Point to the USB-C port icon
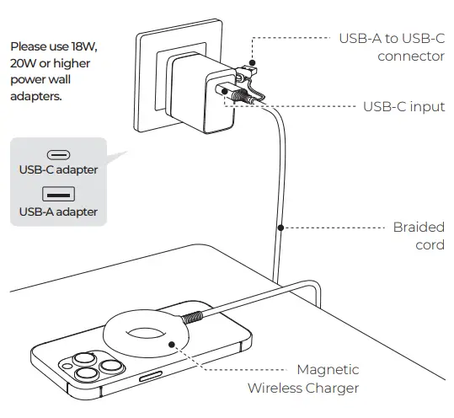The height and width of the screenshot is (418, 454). pyautogui.click(x=58, y=155)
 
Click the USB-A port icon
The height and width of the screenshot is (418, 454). pyautogui.click(x=58, y=195)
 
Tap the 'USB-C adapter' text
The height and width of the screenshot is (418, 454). pyautogui.click(x=58, y=169)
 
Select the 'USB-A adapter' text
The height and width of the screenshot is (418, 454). pyautogui.click(x=58, y=212)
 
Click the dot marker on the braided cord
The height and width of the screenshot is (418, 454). pyautogui.click(x=278, y=227)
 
